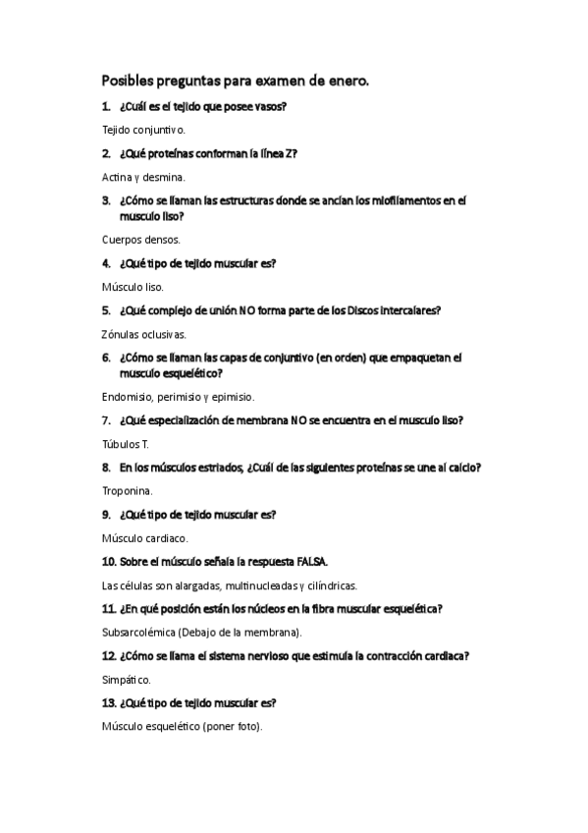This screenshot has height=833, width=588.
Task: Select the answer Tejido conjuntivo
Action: click(143, 129)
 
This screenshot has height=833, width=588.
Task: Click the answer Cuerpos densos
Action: click(141, 239)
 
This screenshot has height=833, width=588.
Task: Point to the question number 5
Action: click(106, 310)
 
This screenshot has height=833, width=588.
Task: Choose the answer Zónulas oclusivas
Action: click(143, 334)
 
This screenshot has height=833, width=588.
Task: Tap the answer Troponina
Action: click(128, 491)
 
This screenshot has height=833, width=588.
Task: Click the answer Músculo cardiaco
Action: click(144, 538)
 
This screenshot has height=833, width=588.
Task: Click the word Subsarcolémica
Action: click(138, 633)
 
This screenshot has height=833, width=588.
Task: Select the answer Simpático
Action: click(126, 680)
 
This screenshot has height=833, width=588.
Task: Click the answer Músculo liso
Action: click(133, 287)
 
